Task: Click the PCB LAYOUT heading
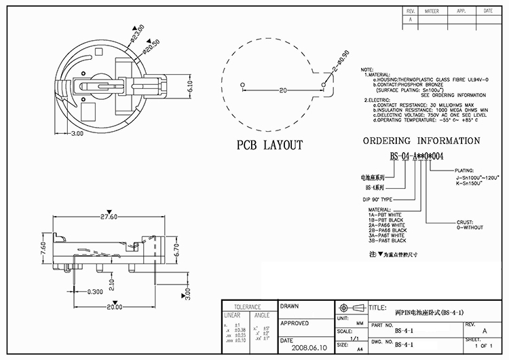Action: point(269,145)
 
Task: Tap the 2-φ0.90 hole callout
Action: point(340,62)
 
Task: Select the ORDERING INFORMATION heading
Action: point(421,141)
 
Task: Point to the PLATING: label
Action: point(465,171)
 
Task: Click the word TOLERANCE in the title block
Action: point(248,306)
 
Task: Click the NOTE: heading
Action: point(367,70)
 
